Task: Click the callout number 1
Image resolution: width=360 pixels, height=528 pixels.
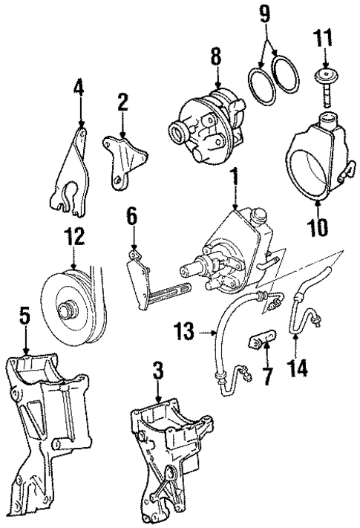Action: (x=235, y=178)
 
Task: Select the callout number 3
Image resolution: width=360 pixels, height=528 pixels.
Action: (x=157, y=368)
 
